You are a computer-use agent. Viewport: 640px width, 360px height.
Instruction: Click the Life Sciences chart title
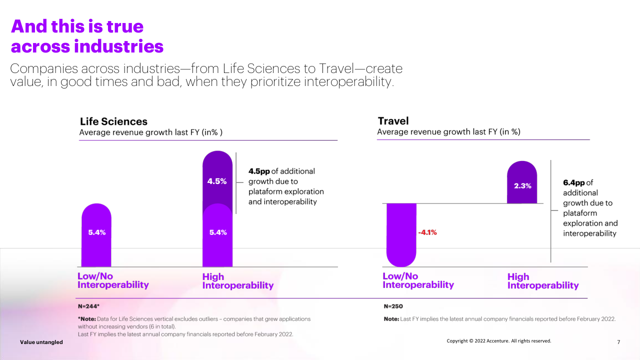(x=113, y=121)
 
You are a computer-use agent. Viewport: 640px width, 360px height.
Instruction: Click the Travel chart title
(x=393, y=121)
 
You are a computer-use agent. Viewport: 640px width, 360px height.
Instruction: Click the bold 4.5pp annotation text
(x=259, y=171)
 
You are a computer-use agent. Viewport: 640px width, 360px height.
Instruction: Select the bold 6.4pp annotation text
(x=574, y=182)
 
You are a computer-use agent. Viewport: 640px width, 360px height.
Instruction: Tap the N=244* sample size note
(x=89, y=305)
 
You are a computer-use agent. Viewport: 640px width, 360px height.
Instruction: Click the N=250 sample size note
(x=393, y=306)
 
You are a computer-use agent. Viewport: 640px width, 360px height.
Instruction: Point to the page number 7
(x=618, y=342)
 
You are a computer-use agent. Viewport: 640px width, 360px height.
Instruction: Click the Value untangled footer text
(x=41, y=342)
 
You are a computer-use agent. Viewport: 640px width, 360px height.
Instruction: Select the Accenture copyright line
(x=498, y=341)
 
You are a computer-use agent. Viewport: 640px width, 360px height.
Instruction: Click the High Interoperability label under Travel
(x=542, y=281)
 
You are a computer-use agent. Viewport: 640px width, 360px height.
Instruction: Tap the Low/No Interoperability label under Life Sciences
(x=113, y=280)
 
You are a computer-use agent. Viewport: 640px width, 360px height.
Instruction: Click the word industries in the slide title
(x=118, y=46)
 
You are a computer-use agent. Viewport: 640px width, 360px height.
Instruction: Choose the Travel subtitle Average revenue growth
(x=448, y=132)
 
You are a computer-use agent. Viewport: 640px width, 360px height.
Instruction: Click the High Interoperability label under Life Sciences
(x=237, y=281)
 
